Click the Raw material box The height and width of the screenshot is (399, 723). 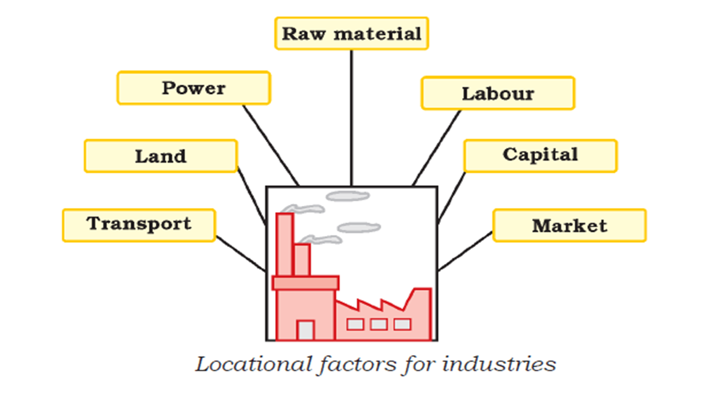pyautogui.click(x=351, y=34)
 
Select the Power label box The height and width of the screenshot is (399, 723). pyautogui.click(x=194, y=88)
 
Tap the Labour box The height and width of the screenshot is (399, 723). pyautogui.click(x=498, y=93)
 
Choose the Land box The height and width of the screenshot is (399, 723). pyautogui.click(x=161, y=156)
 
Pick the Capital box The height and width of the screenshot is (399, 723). pyautogui.click(x=540, y=156)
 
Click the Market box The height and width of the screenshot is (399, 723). pyautogui.click(x=569, y=226)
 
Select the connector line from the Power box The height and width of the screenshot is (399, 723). pyautogui.click(x=270, y=145)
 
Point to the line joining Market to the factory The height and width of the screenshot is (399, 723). pyautogui.click(x=465, y=251)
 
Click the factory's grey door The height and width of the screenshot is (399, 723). pyautogui.click(x=306, y=331)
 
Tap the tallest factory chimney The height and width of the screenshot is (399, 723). pyautogui.click(x=284, y=245)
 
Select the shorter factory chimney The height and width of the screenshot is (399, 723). pyautogui.click(x=302, y=260)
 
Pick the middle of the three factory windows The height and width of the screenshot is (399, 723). pyautogui.click(x=379, y=324)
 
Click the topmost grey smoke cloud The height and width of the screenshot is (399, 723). pyautogui.click(x=348, y=196)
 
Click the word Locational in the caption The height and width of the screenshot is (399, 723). pyautogui.click(x=253, y=365)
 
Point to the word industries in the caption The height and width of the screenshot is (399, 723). pyautogui.click(x=499, y=365)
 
